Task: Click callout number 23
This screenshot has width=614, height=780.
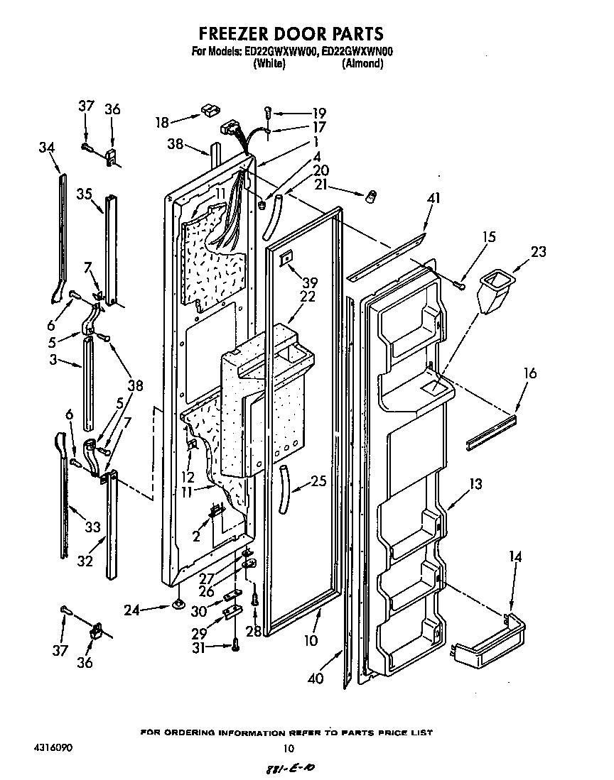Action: [539, 251]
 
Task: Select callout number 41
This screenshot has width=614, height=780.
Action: [433, 199]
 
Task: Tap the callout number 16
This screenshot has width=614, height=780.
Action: [529, 373]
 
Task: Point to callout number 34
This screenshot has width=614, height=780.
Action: [46, 147]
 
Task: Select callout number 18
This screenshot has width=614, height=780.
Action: [163, 122]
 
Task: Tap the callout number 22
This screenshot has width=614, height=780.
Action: [307, 297]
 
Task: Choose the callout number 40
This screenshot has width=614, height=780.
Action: [316, 679]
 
